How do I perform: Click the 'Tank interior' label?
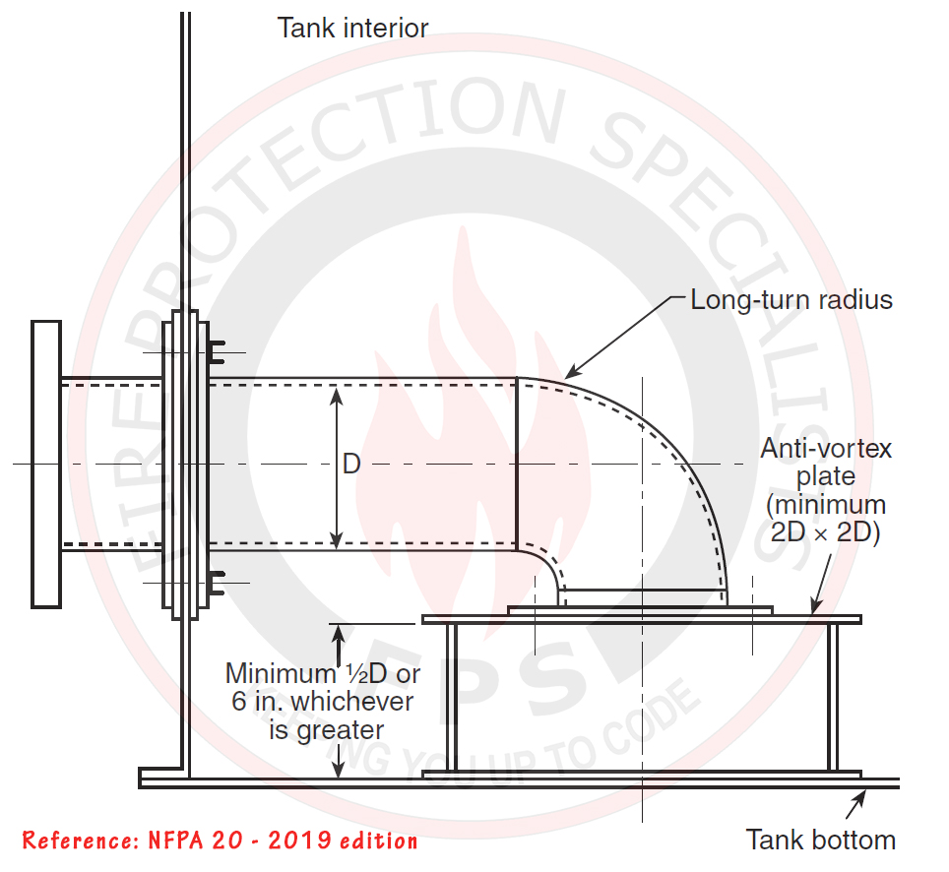point(352,28)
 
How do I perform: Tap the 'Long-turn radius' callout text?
point(791,299)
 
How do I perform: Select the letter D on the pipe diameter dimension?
point(351,465)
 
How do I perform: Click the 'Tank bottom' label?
point(821,840)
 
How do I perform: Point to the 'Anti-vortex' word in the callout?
point(826,449)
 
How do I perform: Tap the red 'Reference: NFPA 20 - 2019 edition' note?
point(220,841)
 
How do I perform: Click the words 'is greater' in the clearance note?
point(326,730)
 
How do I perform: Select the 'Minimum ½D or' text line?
point(323,674)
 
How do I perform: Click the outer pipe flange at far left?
point(45,463)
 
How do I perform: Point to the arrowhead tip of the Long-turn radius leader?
point(565,378)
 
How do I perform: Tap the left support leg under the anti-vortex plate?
point(451,698)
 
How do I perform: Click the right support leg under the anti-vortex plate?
point(832,698)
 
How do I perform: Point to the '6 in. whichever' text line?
point(321,703)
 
